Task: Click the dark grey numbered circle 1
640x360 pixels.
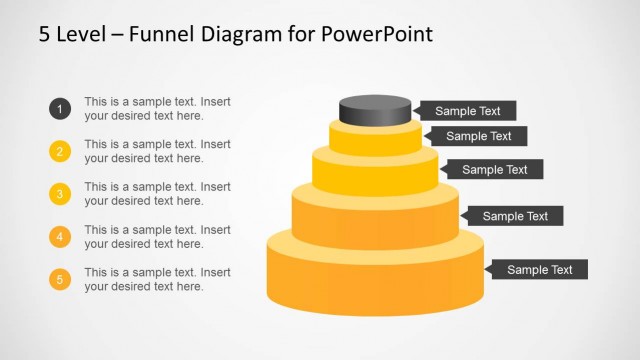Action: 60,109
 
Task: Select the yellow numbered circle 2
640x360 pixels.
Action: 60,152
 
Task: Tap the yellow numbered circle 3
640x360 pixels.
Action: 60,194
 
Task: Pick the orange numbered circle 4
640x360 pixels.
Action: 60,237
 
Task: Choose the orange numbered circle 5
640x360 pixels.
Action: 60,280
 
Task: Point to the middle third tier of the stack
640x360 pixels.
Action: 375,173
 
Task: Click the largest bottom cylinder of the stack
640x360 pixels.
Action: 375,275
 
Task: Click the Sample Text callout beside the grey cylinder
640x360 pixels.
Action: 466,111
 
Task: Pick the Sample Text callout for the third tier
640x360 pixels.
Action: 493,170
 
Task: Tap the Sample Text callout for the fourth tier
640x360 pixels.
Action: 513,215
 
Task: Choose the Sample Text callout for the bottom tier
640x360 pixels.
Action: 538,269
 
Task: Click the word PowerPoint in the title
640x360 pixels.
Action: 377,35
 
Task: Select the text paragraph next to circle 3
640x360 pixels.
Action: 157,194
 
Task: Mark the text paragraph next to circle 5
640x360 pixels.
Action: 157,280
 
